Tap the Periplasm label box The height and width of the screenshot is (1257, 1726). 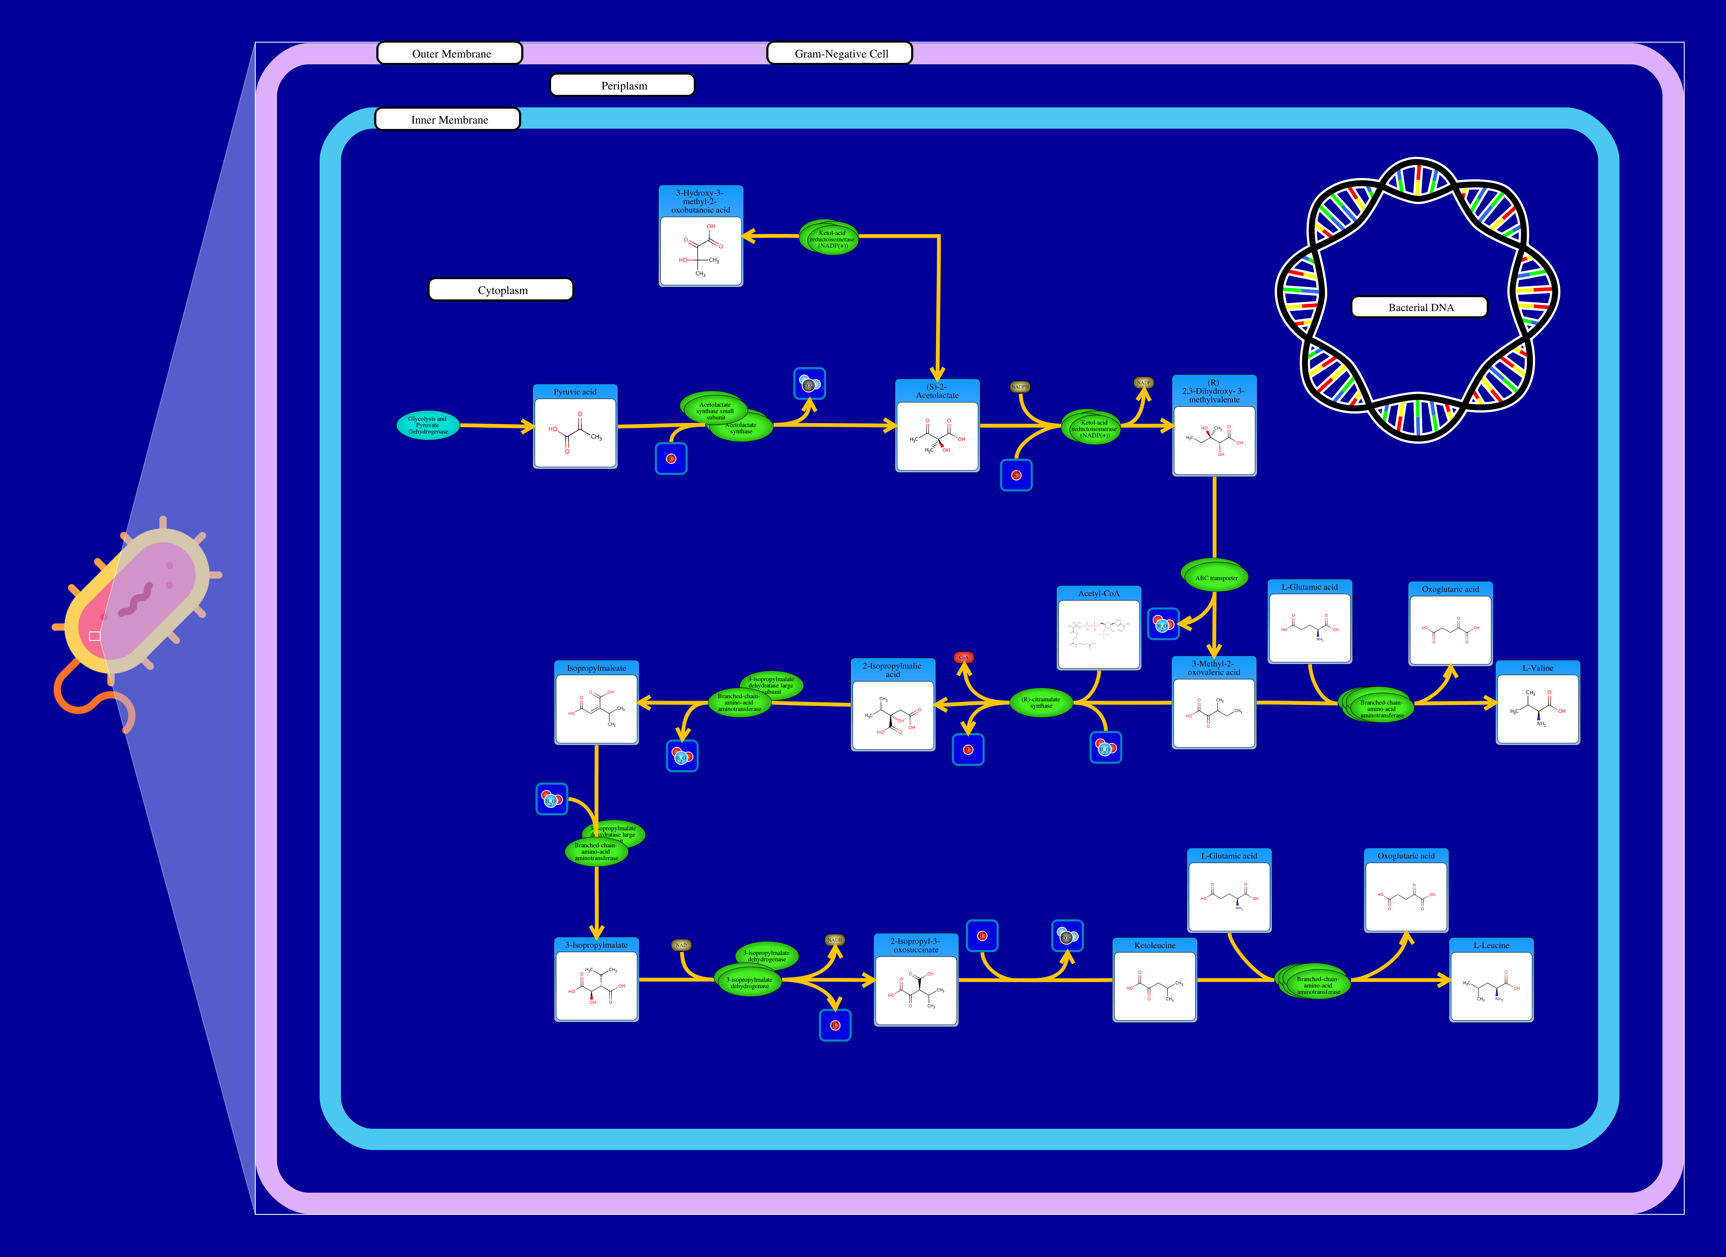[622, 85]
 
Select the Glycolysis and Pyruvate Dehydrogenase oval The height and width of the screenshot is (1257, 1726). [428, 425]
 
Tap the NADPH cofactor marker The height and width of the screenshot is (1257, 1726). [1020, 386]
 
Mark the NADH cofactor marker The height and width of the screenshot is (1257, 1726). [835, 940]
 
